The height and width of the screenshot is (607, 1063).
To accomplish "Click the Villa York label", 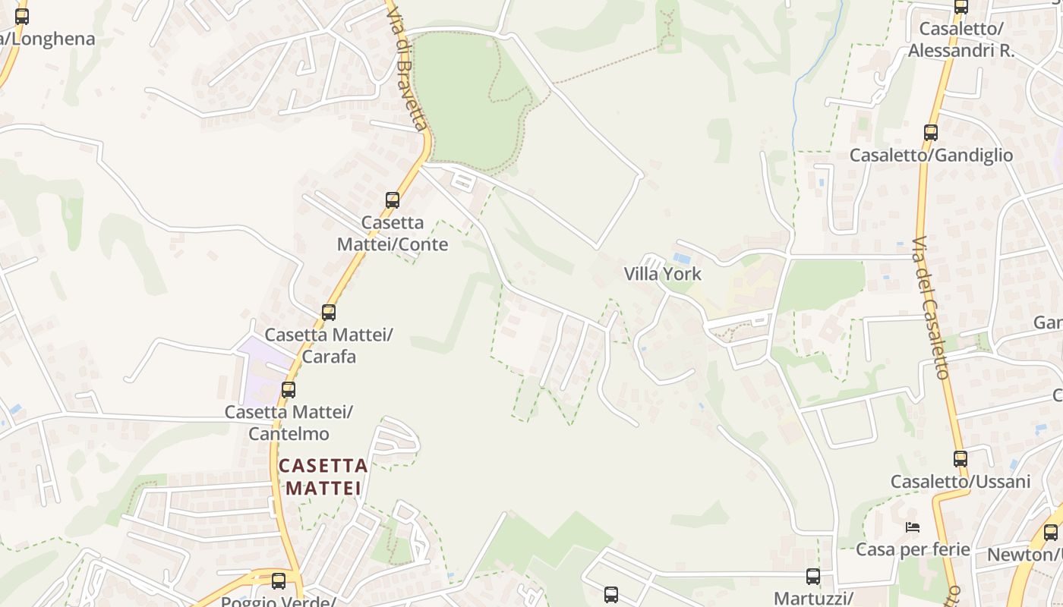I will tap(662, 274).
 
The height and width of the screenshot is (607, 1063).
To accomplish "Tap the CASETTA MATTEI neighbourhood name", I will tap(323, 476).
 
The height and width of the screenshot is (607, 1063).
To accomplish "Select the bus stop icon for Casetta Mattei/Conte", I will tap(393, 200).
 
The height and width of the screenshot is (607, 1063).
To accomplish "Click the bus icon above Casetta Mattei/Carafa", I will tap(329, 312).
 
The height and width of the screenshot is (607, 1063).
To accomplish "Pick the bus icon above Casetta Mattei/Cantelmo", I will tap(289, 390).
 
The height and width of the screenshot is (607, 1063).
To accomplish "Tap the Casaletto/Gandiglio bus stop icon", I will tap(931, 133).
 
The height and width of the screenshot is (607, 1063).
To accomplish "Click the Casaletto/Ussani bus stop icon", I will tap(960, 459).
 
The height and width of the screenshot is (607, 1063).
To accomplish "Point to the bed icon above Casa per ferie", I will tap(913, 527).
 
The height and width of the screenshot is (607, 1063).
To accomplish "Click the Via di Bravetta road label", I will tap(408, 67).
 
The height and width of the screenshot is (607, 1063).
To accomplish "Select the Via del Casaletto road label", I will tap(931, 308).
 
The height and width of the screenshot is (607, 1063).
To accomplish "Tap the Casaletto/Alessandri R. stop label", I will tap(961, 39).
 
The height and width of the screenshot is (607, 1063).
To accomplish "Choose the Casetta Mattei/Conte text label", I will tap(393, 234).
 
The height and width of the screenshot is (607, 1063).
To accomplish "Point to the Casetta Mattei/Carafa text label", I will tap(329, 345).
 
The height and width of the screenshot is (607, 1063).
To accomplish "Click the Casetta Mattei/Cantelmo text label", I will tap(289, 423).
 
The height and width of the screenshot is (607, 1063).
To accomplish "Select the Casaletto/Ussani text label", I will tap(960, 482).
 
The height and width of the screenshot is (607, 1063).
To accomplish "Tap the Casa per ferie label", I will tap(913, 549).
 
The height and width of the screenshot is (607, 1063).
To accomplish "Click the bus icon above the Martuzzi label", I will tap(813, 577).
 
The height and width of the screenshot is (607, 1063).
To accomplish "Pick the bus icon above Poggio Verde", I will tap(279, 581).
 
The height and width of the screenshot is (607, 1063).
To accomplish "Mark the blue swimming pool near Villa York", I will tap(682, 259).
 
